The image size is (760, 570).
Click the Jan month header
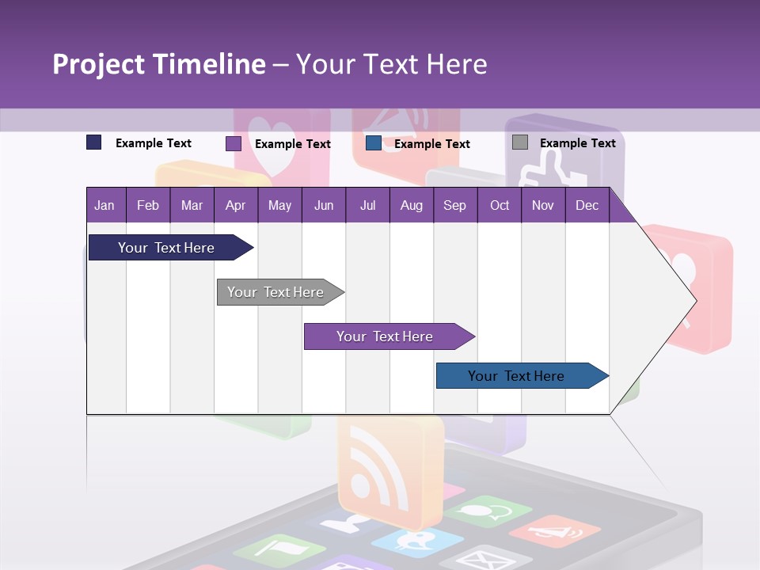[104, 206]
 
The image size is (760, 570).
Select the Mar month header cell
[192, 206]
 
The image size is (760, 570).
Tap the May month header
[279, 206]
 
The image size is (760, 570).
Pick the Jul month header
[367, 206]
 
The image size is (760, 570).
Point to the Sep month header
[454, 206]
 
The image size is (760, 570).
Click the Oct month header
[500, 206]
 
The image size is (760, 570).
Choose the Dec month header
[587, 206]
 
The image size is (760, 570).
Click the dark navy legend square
[94, 142]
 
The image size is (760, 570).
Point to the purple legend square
[234, 143]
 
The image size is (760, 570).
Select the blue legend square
[374, 143]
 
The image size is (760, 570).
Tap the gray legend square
[520, 142]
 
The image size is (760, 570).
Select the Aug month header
[411, 206]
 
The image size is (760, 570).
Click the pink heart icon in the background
[272, 142]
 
